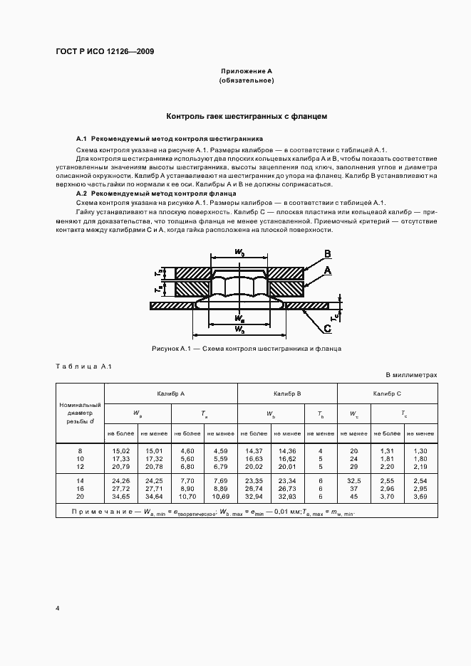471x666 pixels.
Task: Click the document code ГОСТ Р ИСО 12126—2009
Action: [x=105, y=52]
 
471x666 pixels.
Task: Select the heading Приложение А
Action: [x=247, y=72]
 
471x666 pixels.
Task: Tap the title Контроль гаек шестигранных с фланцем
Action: [x=247, y=116]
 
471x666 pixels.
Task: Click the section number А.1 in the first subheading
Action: [x=81, y=138]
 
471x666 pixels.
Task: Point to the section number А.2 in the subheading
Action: [x=81, y=194]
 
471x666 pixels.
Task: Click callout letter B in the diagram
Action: [x=326, y=254]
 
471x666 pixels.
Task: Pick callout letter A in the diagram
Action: [x=327, y=271]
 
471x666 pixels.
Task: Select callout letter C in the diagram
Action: [x=326, y=327]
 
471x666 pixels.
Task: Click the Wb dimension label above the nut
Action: [x=239, y=252]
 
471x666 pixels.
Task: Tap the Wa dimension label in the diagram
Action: [x=240, y=318]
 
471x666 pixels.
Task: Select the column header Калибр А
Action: [x=171, y=393]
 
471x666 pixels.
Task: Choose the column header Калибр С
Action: [x=387, y=393]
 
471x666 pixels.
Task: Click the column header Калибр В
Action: [x=287, y=393]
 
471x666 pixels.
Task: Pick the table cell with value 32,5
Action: [x=353, y=482]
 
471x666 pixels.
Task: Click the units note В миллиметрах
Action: [x=411, y=374]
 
